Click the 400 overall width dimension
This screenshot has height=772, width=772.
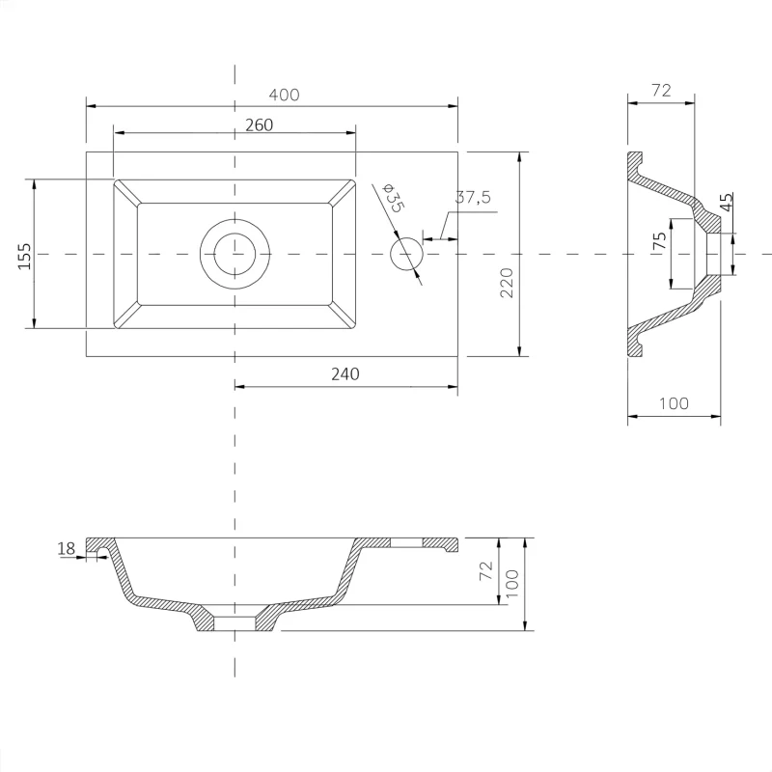284,95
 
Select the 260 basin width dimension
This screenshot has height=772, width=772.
259,125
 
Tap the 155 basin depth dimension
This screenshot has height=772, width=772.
24,256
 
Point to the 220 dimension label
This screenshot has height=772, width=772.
506,283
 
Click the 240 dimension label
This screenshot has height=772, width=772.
345,374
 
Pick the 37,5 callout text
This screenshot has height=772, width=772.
473,197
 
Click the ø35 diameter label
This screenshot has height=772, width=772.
393,198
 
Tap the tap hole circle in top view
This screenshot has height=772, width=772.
406,254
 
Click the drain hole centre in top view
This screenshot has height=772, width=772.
234,254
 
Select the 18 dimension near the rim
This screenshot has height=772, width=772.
67,548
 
